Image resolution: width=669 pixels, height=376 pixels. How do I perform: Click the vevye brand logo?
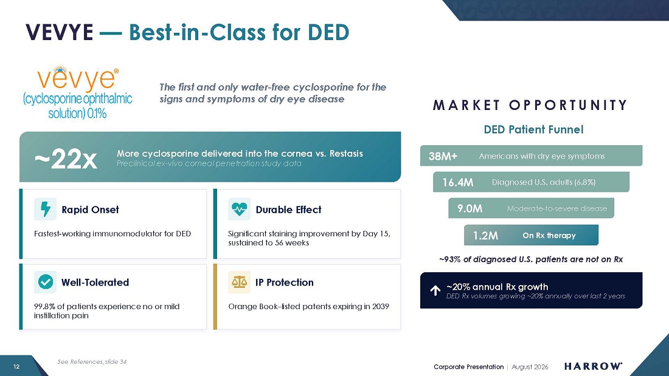[77, 92]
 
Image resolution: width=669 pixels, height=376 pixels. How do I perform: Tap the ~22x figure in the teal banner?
[66, 159]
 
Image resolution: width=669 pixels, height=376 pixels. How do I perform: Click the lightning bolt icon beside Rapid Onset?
[45, 210]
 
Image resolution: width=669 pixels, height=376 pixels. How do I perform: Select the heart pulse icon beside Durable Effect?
[239, 210]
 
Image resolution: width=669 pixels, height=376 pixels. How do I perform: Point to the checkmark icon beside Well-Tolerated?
[45, 282]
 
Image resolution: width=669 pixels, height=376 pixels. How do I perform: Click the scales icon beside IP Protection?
[239, 282]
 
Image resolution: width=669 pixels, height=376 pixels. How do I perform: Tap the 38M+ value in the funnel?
[443, 156]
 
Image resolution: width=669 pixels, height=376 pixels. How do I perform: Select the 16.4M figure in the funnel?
[457, 182]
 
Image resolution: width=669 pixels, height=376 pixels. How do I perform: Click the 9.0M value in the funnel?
[470, 208]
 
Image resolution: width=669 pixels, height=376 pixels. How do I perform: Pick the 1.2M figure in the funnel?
[485, 235]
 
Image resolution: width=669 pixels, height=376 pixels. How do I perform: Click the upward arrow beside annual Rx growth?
[435, 290]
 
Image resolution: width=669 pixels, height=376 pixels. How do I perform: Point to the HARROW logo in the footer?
[593, 366]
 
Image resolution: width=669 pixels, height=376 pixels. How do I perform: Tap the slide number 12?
[16, 367]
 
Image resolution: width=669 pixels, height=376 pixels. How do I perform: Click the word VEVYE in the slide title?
[60, 32]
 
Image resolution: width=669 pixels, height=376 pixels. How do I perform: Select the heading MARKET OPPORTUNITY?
[530, 105]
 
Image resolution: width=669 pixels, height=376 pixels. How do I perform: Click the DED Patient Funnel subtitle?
[533, 129]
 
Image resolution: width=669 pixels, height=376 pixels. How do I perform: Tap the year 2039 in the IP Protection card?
[381, 306]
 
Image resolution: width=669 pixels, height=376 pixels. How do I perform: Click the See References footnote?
[92, 361]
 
